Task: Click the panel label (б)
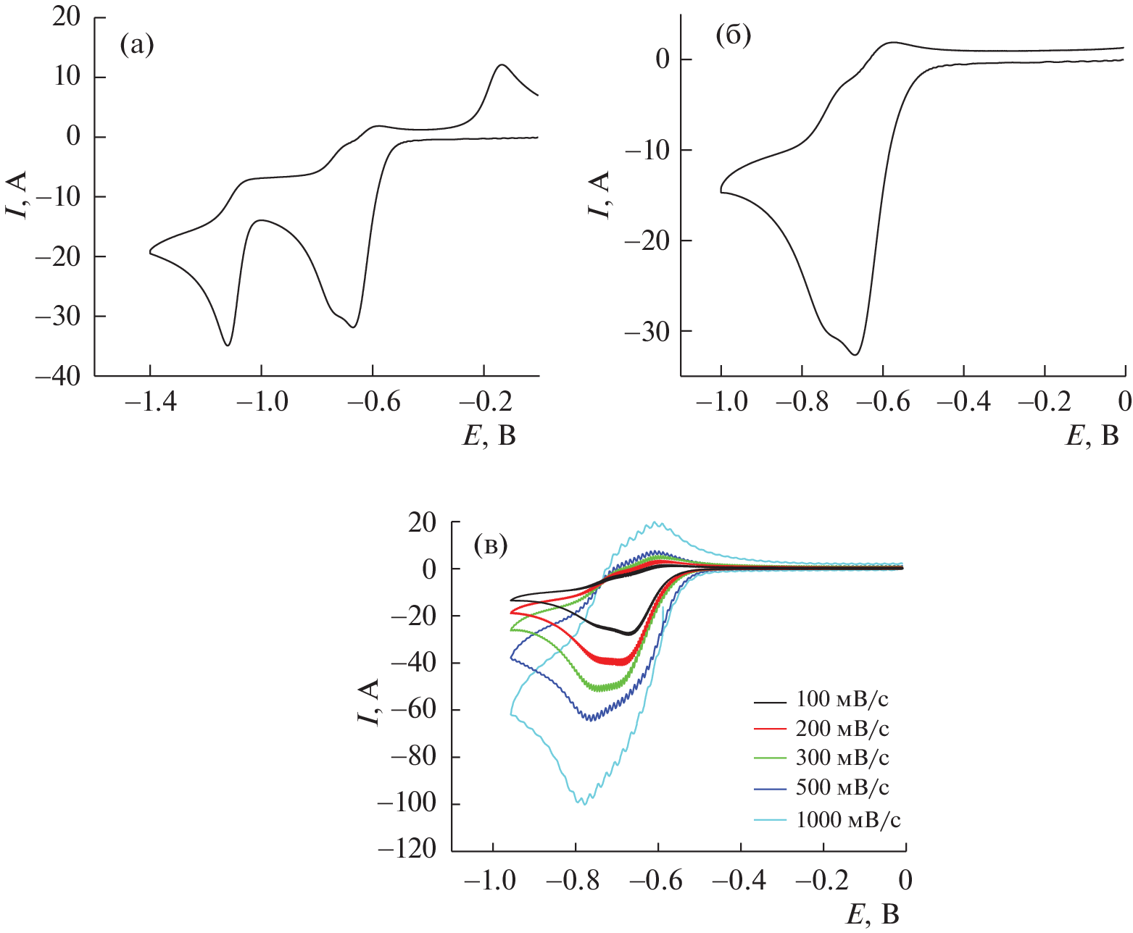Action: (x=733, y=35)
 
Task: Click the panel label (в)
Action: (x=490, y=545)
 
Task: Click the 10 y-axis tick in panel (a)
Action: (x=67, y=78)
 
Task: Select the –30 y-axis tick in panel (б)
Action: (x=648, y=331)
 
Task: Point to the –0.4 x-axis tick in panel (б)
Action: (x=963, y=401)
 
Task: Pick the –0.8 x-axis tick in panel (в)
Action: (x=576, y=880)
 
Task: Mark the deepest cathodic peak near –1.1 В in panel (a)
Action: (x=228, y=345)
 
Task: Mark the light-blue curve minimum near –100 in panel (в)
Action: (x=582, y=803)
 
